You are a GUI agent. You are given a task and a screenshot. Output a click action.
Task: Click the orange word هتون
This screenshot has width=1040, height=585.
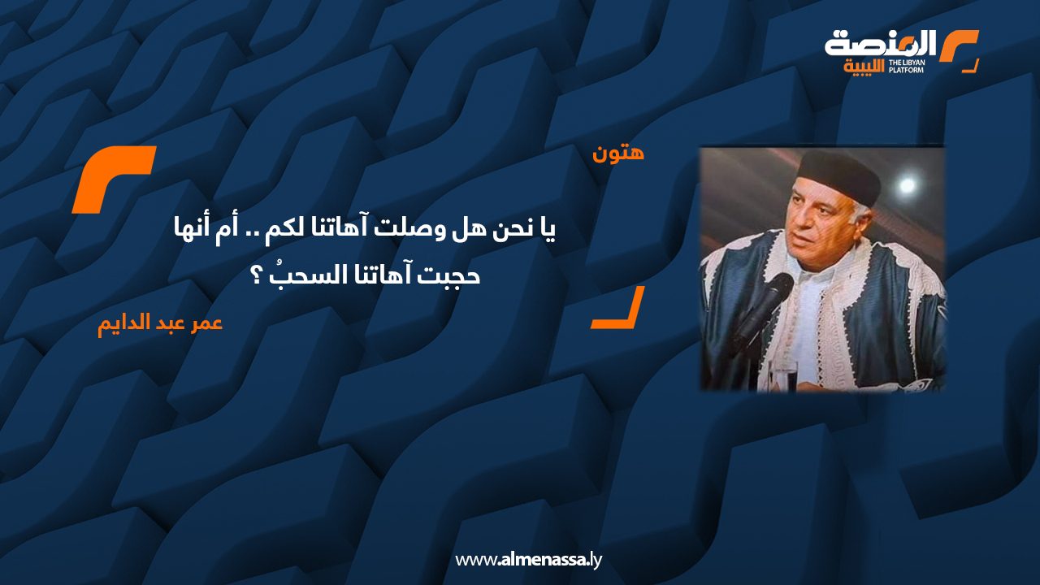(x=619, y=153)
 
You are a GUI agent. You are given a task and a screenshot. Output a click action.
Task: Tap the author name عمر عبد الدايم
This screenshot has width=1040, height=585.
(x=160, y=323)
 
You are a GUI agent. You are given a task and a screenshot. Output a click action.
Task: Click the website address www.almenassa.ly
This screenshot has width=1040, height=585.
(x=528, y=560)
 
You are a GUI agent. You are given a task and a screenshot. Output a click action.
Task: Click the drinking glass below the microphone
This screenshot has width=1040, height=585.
(x=785, y=379)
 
